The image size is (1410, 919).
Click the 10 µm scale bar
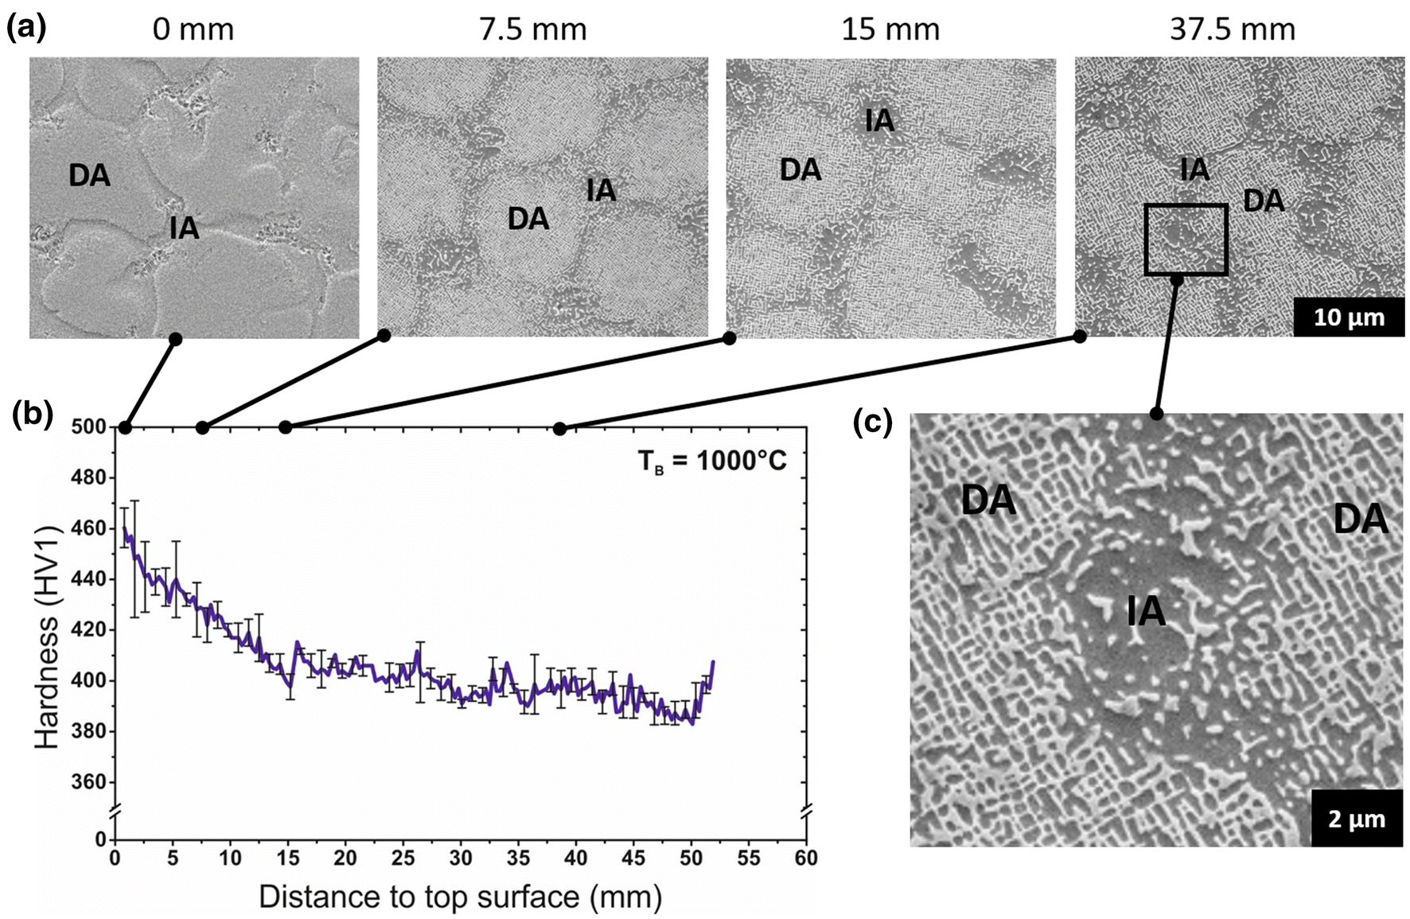(x=1348, y=317)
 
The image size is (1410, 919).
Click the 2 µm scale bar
(x=1356, y=819)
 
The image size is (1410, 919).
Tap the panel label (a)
(x=26, y=28)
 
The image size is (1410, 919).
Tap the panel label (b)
(x=33, y=414)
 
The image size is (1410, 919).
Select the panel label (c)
(x=872, y=422)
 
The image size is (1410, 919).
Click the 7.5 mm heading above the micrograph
(x=532, y=30)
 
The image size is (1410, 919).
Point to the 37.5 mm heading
(x=1232, y=30)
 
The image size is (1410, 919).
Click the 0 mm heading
(x=193, y=30)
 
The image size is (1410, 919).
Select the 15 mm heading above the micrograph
(x=890, y=30)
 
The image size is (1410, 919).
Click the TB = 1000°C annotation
(x=711, y=460)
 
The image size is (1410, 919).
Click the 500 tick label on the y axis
(x=88, y=427)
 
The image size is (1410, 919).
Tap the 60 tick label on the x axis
(x=805, y=858)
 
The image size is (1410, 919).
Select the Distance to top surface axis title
(x=460, y=897)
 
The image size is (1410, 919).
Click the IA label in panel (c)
(x=1146, y=611)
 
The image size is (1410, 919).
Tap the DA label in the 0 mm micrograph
(x=89, y=176)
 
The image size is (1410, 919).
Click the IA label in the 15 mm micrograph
(x=879, y=121)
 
